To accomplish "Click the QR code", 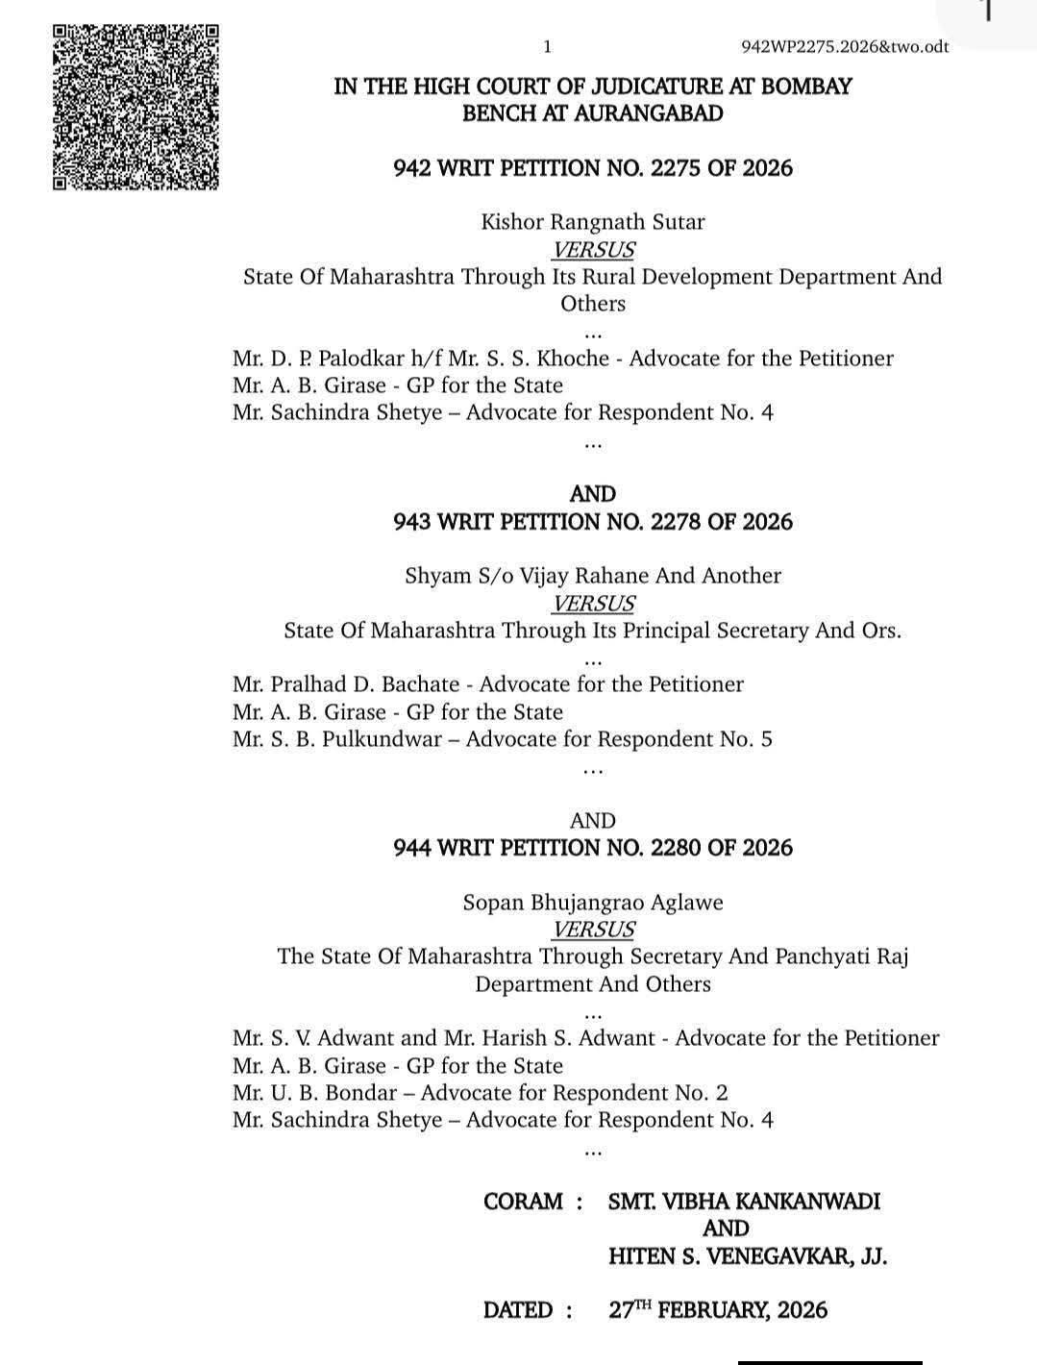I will click(136, 106).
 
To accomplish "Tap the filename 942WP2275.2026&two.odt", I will click(846, 47).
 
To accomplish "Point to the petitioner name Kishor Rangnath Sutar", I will click(592, 222).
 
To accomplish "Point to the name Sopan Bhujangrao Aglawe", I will click(592, 903).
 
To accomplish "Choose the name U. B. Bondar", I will click(334, 1093).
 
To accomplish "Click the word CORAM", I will click(523, 1202).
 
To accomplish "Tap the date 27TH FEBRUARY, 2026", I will click(718, 1310).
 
